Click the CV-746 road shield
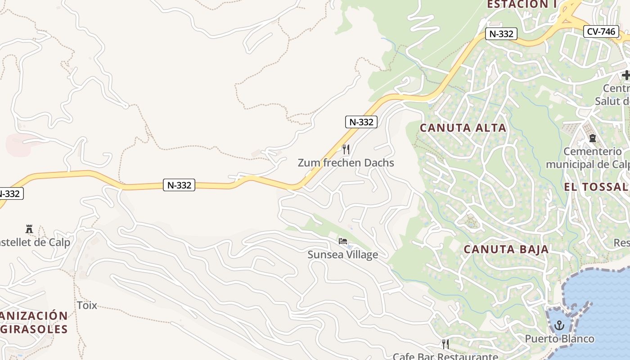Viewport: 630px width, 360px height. point(601,31)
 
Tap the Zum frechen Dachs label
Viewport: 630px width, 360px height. point(346,163)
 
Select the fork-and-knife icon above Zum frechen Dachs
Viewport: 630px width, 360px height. point(346,149)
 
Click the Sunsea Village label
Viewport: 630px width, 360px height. point(342,255)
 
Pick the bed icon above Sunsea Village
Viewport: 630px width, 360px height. point(343,242)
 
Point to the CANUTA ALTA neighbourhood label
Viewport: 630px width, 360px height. point(463,128)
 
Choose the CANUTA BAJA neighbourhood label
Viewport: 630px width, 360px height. point(506,249)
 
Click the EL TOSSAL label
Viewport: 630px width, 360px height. point(596,187)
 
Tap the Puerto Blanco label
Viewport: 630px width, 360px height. point(560,338)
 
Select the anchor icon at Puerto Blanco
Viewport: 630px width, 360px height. point(559,325)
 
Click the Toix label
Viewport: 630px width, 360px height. point(87,305)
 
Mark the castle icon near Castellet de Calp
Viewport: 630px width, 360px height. point(29,229)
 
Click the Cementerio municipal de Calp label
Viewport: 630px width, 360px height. point(587,158)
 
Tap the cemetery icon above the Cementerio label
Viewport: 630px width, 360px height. point(593,138)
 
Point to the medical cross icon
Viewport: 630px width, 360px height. point(626,75)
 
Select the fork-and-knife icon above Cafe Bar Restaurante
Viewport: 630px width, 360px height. point(445,344)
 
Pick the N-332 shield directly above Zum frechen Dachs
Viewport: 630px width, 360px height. point(361,121)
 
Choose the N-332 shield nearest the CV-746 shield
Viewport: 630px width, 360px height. point(501,34)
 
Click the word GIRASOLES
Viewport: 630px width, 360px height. point(36,329)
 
